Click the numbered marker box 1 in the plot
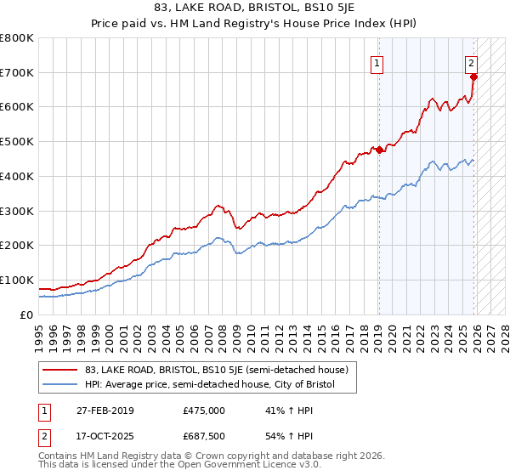pos(377,62)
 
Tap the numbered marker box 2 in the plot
pos(471,62)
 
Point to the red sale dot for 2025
pos(474,77)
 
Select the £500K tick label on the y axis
pos(17,142)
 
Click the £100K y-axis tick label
pos(17,280)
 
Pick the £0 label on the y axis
pos(27,314)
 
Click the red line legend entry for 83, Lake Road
pos(214,370)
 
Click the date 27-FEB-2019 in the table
pos(110,411)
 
